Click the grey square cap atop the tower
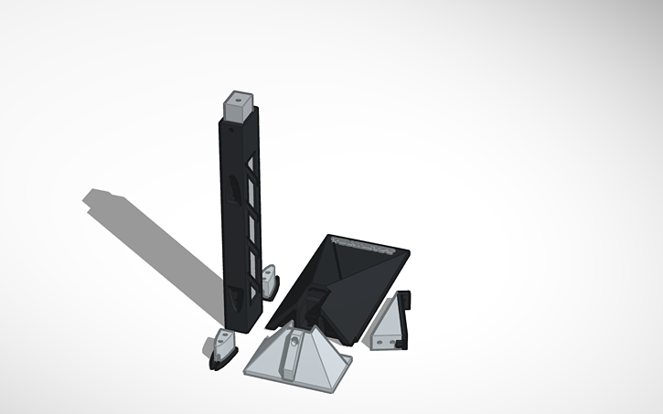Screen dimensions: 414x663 coord(240,107)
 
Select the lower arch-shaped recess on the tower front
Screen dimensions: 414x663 coord(237,293)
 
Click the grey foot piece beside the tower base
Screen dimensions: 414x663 coord(271,282)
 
